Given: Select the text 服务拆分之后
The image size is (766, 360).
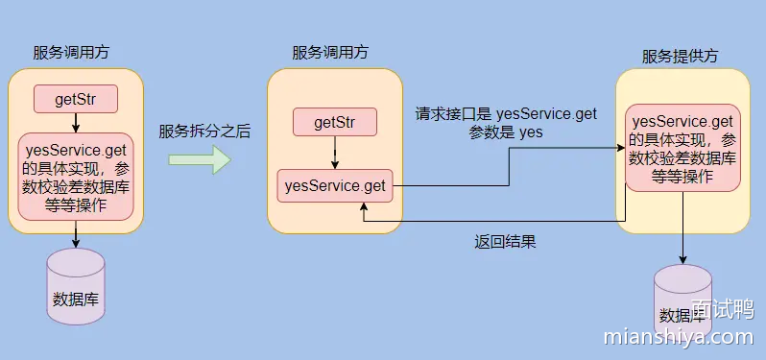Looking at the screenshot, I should pos(204,132).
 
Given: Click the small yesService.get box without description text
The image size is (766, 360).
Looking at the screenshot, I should pos(334,185).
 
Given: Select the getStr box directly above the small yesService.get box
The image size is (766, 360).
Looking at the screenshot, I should pos(334,122).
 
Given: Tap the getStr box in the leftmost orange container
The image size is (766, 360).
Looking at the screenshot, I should pos(76,98).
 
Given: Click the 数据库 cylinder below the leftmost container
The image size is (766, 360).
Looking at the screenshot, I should pos(76,285).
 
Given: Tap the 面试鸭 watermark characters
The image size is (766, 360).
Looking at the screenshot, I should pos(721,310).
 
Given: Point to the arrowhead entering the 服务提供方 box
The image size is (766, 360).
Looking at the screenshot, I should pos(619,148).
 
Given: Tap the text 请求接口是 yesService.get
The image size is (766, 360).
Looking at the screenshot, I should pos(506,114).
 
